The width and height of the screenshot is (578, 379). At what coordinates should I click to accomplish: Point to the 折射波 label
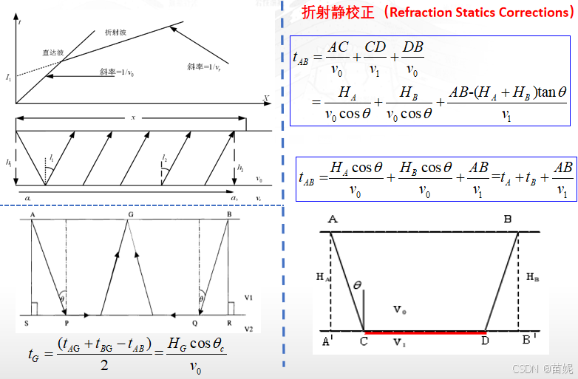coord(116,33)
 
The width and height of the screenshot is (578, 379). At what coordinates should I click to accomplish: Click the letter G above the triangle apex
coord(129,214)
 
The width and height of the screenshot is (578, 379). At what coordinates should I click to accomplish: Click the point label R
coord(231,324)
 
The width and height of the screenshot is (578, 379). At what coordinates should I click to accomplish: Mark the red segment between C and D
coord(424,332)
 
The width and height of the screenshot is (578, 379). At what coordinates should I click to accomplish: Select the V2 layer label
coord(249,328)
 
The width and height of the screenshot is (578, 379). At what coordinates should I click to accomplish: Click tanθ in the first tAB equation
coord(551,92)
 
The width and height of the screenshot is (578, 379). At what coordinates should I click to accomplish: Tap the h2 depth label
coord(240,168)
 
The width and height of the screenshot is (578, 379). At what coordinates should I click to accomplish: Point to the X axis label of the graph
coord(265,97)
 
